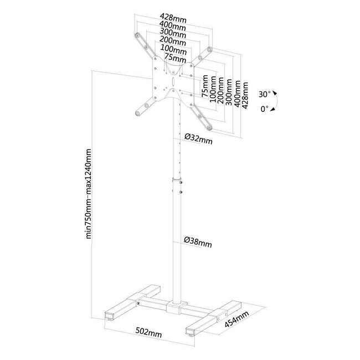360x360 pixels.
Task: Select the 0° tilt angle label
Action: [x=265, y=109]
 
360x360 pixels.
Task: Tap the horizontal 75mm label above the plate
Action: [x=173, y=58]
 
